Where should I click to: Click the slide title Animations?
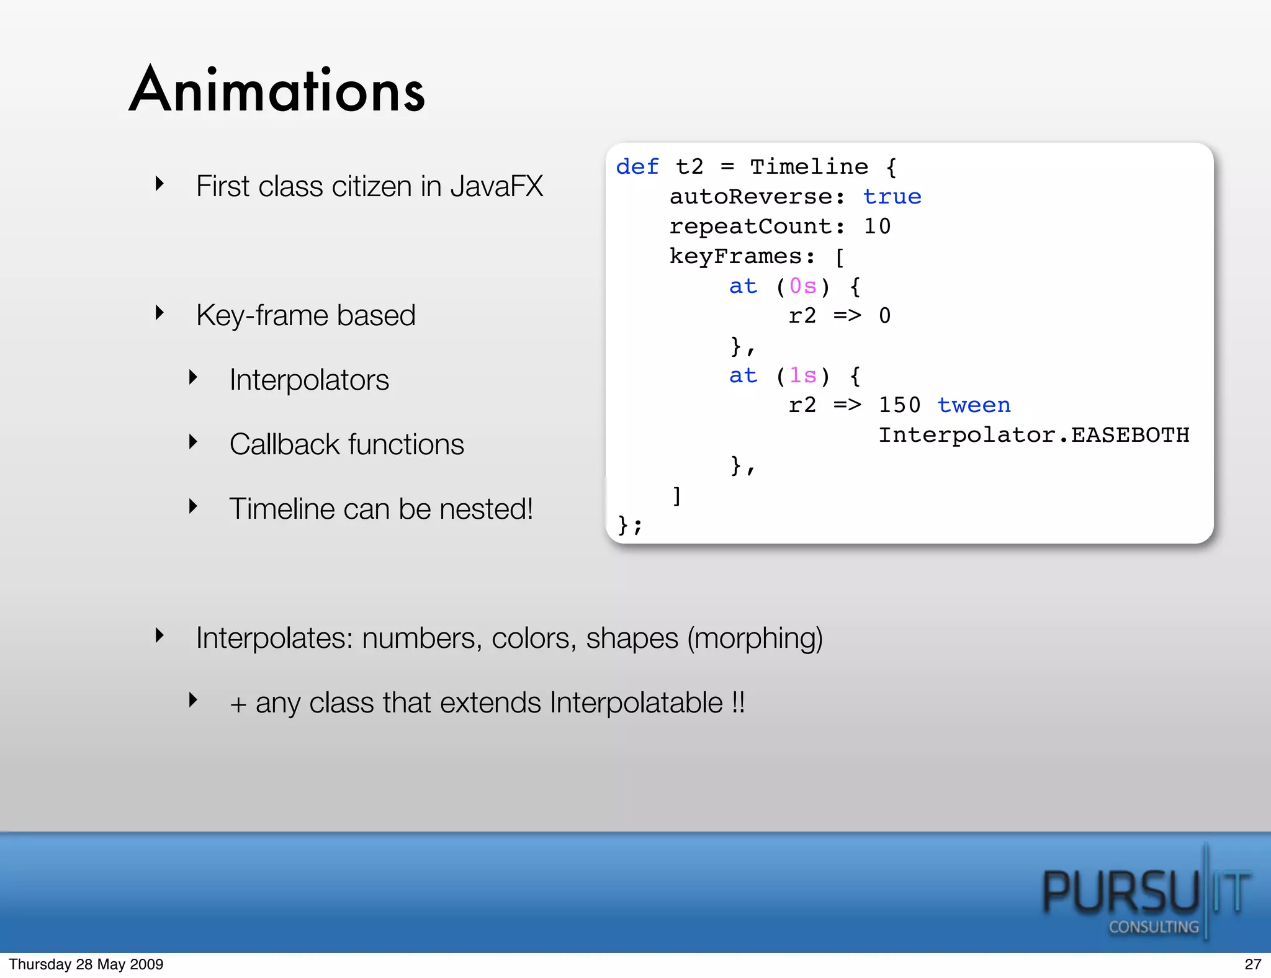[277, 91]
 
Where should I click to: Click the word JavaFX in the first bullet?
[496, 186]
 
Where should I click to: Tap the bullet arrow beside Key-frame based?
[160, 313]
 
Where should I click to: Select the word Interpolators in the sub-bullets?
[309, 380]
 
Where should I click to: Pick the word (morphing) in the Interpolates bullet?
[755, 639]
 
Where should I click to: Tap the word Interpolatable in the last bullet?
[636, 703]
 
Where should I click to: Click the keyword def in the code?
[637, 167]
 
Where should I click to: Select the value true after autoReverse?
[892, 197]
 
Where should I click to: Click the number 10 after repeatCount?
[877, 227]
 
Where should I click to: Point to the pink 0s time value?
[802, 286]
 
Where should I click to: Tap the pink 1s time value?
[802, 375]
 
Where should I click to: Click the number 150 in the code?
[899, 405]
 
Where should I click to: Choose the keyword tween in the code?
[974, 405]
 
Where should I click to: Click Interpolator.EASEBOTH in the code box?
[1033, 435]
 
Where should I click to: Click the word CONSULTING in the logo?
[1154, 927]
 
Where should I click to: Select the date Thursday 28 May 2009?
[86, 964]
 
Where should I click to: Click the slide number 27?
[1252, 964]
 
